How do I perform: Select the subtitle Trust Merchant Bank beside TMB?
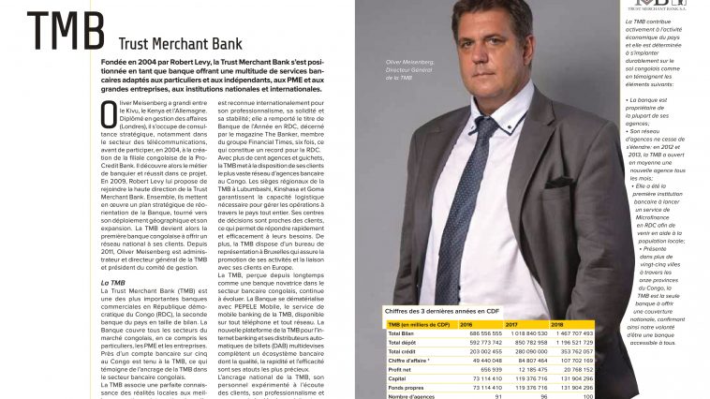coord(180,43)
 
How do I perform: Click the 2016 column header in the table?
coord(466,324)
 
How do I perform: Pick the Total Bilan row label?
coord(402,333)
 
